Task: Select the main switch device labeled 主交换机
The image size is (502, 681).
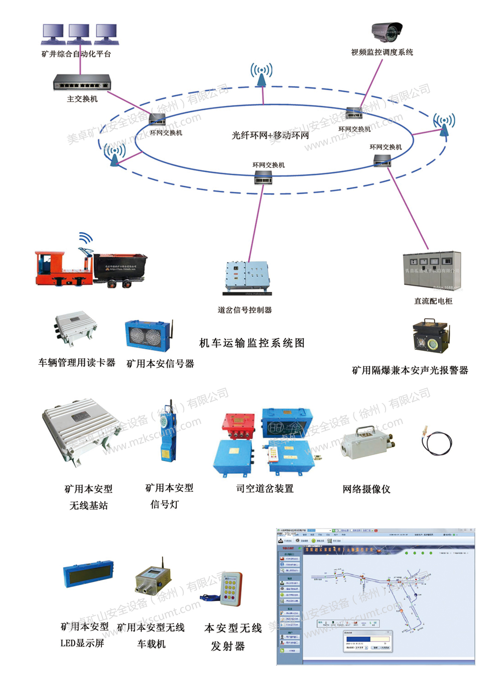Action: click(82, 83)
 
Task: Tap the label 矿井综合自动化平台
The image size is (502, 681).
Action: click(76, 54)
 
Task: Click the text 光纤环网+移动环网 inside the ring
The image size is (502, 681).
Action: click(270, 135)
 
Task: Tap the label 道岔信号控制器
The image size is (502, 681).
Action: click(244, 310)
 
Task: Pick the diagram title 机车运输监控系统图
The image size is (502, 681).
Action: click(252, 343)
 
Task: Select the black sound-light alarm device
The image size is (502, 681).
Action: click(431, 337)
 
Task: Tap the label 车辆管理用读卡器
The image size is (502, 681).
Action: click(77, 362)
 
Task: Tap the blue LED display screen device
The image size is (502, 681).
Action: click(88, 574)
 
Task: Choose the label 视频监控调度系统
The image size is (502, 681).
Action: click(382, 52)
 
